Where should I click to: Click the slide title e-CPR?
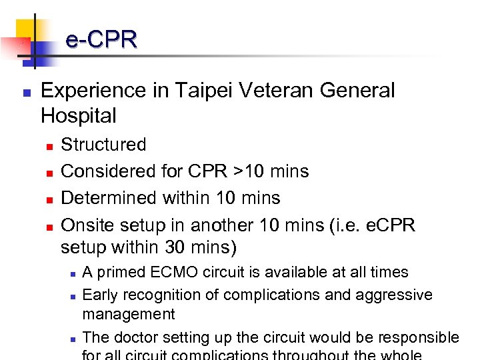tap(101, 39)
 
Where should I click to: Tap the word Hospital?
tap(78, 116)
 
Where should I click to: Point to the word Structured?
tap(103, 145)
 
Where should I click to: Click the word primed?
tap(123, 272)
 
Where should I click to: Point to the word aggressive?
tap(396, 295)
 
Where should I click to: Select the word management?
tap(129, 313)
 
